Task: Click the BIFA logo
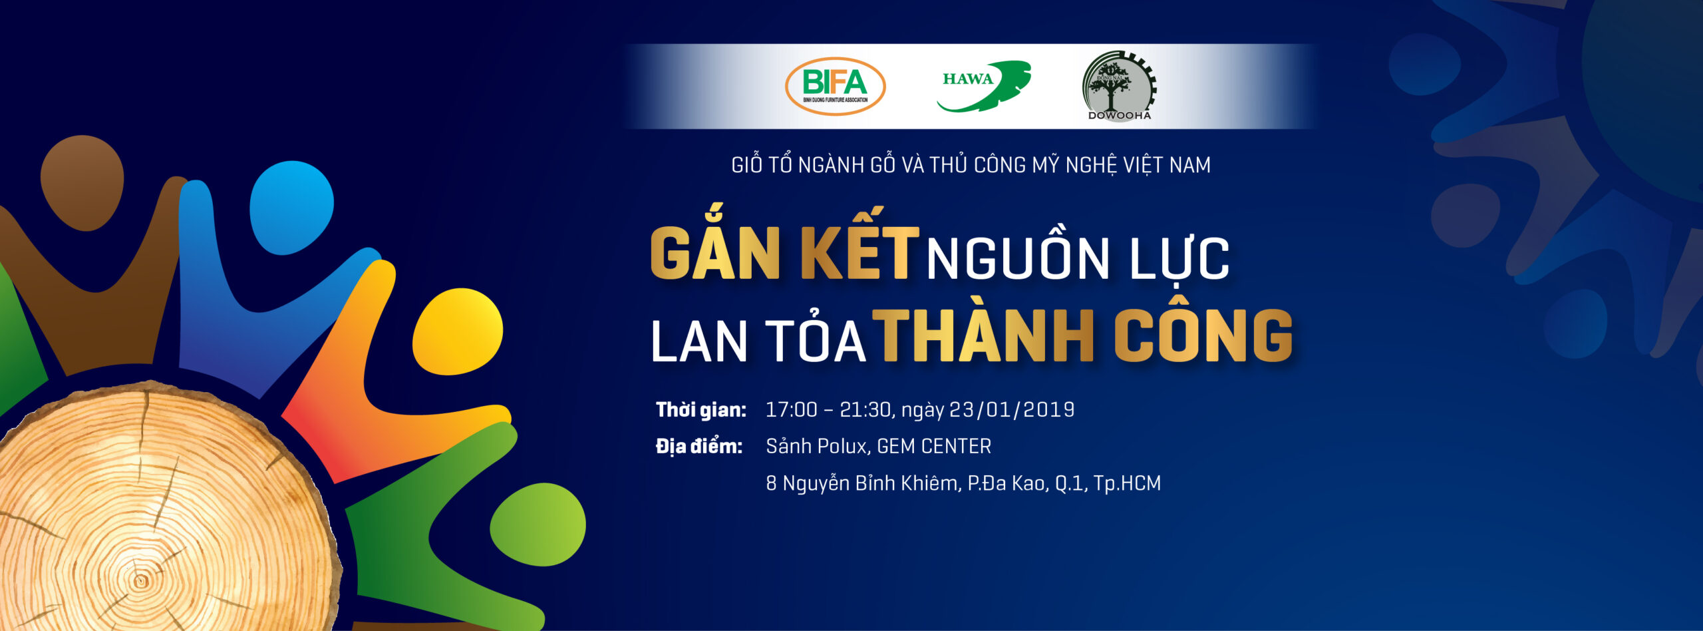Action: click(x=835, y=86)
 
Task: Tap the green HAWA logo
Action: click(x=984, y=86)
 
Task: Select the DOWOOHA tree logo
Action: click(x=1120, y=86)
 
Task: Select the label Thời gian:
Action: click(x=701, y=409)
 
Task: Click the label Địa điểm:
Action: click(x=699, y=446)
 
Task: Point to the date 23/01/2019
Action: click(x=1012, y=409)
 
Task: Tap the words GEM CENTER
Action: click(x=935, y=446)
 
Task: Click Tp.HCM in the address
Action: click(x=1128, y=483)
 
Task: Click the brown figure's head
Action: click(x=82, y=183)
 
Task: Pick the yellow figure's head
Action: click(x=458, y=331)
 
